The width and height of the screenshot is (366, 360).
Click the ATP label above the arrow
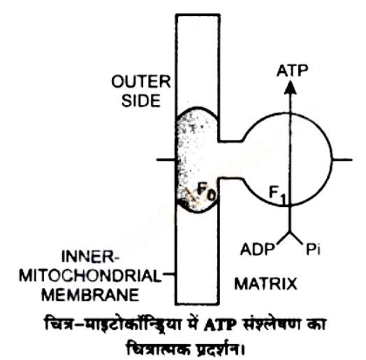[292, 71]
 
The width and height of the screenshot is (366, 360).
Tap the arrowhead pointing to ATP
[290, 87]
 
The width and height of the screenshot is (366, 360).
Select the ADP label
[258, 250]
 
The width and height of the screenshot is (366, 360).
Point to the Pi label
[313, 250]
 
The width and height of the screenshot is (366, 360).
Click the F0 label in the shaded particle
[207, 191]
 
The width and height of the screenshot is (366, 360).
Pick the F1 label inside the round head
[277, 195]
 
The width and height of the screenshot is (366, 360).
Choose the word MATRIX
[265, 284]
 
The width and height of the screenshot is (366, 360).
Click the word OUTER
[141, 82]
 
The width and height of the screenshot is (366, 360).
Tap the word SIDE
[141, 101]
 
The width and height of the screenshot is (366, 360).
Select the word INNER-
[90, 257]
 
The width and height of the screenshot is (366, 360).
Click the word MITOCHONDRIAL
[90, 275]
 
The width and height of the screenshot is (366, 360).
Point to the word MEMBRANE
[90, 295]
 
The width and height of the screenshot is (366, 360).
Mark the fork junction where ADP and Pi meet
[290, 233]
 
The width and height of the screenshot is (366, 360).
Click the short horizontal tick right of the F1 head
[342, 160]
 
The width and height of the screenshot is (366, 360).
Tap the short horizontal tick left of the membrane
[166, 160]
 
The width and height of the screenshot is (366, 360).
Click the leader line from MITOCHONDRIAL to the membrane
[169, 274]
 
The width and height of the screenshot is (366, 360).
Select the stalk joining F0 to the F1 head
[230, 160]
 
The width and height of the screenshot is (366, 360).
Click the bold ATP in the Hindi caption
[219, 325]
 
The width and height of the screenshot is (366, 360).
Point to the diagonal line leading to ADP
[284, 238]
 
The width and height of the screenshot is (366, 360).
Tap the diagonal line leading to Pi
[296, 238]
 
